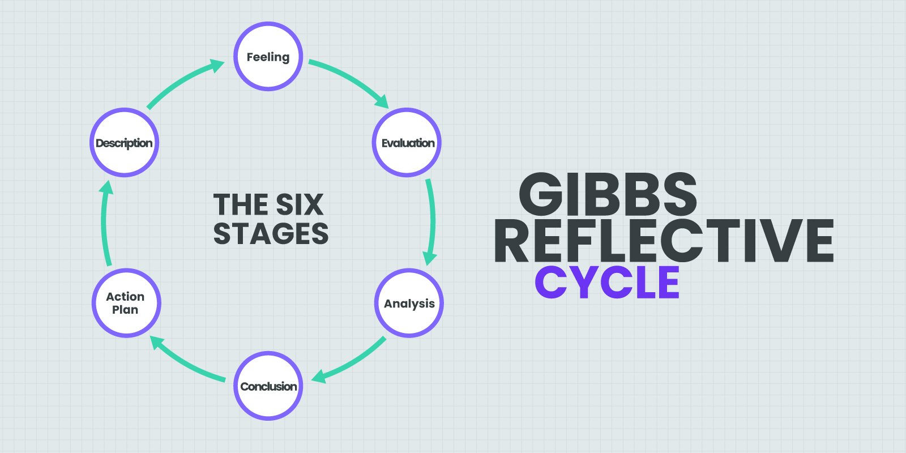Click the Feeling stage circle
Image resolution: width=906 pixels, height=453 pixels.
268,57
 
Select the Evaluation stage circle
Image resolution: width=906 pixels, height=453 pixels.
407,143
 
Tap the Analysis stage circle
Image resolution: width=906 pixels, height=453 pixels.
409,304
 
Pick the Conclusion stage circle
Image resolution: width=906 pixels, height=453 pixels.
268,386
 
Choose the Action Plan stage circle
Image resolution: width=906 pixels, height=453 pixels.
126,304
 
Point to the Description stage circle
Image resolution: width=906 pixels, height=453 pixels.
124,143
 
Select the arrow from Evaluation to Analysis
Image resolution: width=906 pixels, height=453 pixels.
432,221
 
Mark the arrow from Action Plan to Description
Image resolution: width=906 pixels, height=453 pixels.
104,224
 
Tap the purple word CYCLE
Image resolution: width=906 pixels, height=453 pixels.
607,282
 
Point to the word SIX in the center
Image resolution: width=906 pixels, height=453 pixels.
300,205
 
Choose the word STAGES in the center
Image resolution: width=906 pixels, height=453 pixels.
271,234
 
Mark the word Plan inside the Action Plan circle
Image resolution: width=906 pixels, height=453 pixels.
125,310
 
